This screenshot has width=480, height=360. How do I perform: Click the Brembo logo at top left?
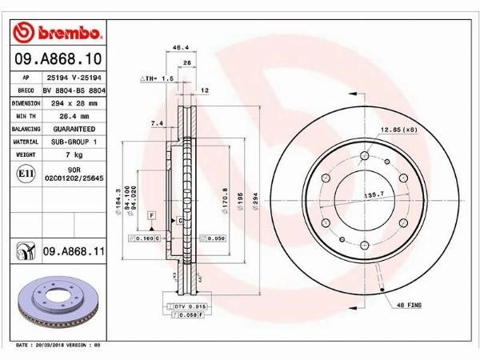point(58,34)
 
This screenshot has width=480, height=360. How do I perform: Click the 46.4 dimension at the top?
point(181,49)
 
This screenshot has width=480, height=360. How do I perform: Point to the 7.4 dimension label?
point(157,123)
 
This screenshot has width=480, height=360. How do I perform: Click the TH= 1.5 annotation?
point(158,79)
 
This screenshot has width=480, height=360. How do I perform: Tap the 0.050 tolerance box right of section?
point(214,238)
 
